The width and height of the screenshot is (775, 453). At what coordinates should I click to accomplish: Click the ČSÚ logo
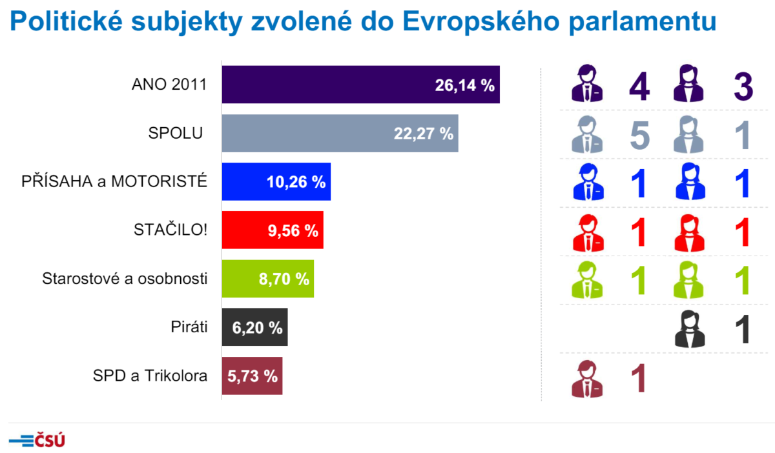(37, 441)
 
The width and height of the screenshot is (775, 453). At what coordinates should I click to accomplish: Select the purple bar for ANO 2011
(360, 85)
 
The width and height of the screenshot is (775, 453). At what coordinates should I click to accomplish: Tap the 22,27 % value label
(423, 134)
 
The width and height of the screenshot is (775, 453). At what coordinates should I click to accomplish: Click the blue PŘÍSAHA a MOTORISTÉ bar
(276, 182)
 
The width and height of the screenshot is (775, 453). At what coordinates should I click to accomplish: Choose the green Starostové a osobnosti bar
(267, 279)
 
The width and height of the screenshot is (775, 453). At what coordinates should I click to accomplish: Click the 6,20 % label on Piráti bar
(256, 328)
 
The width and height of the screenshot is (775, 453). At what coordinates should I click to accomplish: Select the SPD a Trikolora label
(150, 376)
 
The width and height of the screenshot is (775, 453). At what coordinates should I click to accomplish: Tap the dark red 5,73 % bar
(252, 376)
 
